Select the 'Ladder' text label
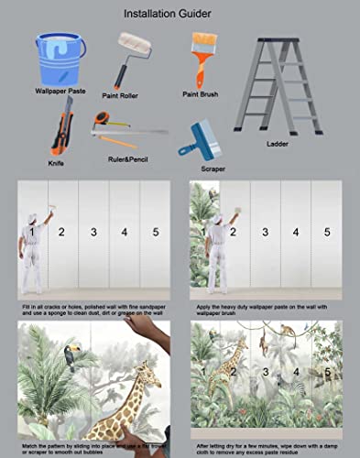point(278,144)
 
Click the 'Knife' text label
point(57,163)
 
